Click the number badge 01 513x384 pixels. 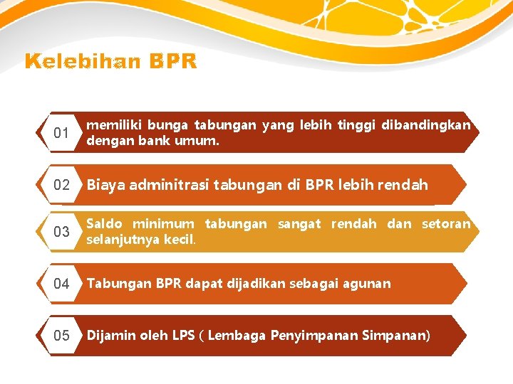61,133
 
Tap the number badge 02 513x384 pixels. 61,185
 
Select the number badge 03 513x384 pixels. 61,232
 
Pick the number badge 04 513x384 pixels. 61,284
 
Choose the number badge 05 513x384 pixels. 61,336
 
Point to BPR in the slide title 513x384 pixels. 173,63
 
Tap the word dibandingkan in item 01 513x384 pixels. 426,125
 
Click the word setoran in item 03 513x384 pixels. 446,224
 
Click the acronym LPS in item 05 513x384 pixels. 183,336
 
